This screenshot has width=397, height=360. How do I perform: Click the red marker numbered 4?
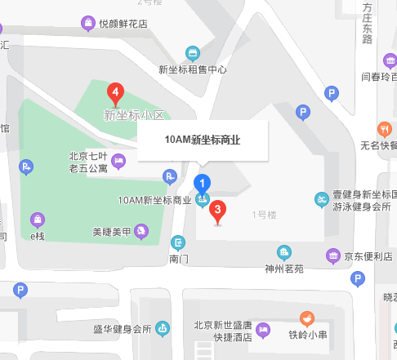coord(116,92)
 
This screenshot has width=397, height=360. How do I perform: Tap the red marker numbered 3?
coord(217,211)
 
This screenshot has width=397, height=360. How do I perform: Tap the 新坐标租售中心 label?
coord(193,69)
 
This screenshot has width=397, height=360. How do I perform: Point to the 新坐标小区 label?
coord(134,115)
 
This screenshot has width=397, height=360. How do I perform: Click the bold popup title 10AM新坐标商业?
coord(203,140)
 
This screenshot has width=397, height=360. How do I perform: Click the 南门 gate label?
coord(179,259)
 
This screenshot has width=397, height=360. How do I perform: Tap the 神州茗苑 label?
coord(284,267)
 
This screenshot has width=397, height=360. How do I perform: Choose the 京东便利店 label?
coord(368,256)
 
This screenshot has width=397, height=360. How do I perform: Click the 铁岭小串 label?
coord(308,334)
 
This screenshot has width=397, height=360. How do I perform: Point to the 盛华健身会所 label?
coord(122,329)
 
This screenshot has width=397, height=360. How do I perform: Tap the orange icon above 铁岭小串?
coord(307,318)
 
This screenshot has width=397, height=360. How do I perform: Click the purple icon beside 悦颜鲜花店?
coord(88,24)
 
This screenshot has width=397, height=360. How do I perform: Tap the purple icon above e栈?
coord(37,220)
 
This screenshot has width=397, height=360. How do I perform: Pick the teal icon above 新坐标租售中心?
coord(193,53)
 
